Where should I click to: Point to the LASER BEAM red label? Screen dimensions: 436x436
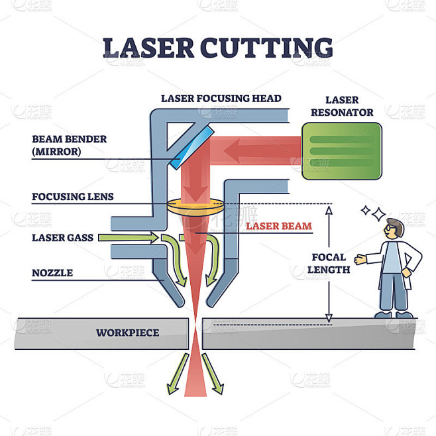coord(278,226)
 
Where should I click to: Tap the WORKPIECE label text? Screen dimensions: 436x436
coord(127,332)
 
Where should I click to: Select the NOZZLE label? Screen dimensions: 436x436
coord(52,272)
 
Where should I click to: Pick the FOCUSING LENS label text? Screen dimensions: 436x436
coord(72,197)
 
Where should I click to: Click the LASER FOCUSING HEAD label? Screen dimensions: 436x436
coord(221,99)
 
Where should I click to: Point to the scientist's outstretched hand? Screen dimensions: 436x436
coord(360,259)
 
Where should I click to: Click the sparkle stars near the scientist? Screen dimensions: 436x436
coord(373,213)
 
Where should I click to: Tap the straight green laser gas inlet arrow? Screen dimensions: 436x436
coord(129,237)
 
